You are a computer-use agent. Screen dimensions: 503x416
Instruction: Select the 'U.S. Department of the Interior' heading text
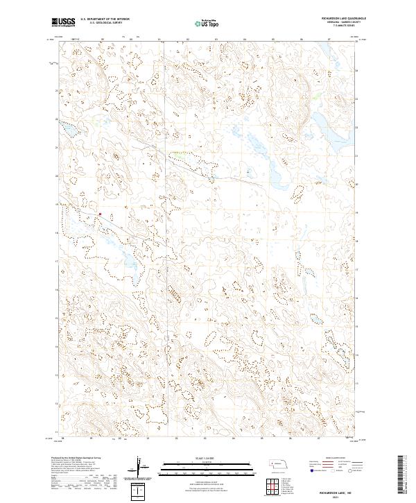[x=105, y=19]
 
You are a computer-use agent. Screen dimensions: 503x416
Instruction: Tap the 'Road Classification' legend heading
[x=342, y=459]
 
